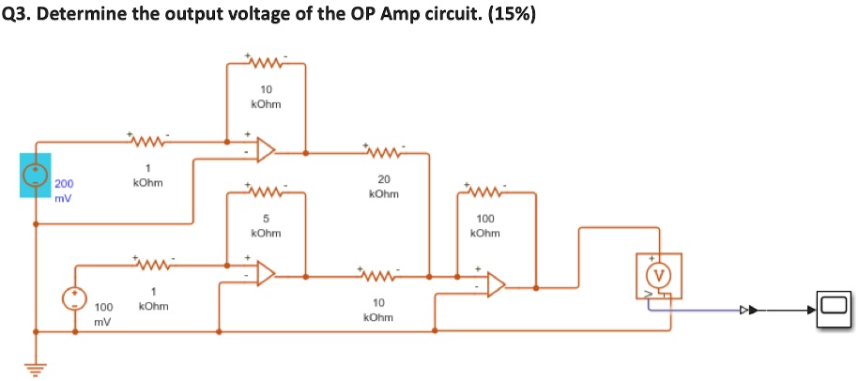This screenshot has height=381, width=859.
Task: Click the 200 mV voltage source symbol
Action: pos(36,175)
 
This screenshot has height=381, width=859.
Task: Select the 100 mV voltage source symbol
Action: pos(73,298)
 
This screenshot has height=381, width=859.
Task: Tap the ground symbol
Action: pos(36,370)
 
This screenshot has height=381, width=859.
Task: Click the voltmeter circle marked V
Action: pos(659,274)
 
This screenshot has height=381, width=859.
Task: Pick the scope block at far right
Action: pos(835,310)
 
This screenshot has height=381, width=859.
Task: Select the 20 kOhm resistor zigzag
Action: pos(383,149)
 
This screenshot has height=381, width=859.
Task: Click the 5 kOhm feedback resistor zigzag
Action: pos(266,192)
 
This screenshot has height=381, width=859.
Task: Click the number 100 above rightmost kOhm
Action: pos(485,219)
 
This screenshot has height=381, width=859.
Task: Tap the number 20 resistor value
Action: pos(384,179)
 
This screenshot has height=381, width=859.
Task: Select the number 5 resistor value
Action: pos(266,219)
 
